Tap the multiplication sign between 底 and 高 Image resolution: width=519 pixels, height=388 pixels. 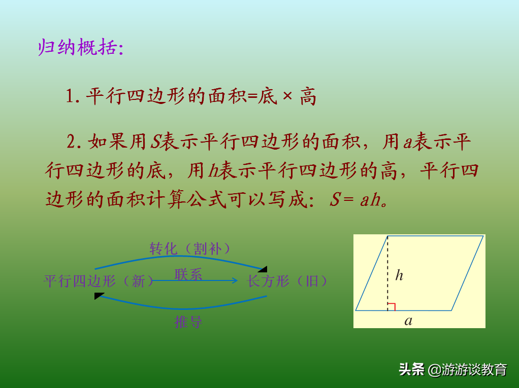click(x=287, y=96)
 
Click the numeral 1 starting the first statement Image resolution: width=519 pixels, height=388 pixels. click(x=70, y=96)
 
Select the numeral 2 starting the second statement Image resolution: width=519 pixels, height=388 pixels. click(x=72, y=142)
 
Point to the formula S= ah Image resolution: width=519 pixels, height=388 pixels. click(x=358, y=200)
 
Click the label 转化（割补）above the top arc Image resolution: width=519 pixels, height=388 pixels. click(x=189, y=249)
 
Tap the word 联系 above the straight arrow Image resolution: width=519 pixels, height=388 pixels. click(x=188, y=274)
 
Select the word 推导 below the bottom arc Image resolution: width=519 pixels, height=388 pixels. click(x=188, y=322)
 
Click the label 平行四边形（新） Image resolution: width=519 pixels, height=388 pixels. click(x=99, y=281)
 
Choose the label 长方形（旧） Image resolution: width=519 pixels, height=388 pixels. click(x=287, y=281)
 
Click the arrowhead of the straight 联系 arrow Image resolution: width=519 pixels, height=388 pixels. click(x=235, y=280)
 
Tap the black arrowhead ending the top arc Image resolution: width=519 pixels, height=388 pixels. click(x=263, y=269)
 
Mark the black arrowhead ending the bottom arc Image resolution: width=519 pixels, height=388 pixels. click(x=99, y=296)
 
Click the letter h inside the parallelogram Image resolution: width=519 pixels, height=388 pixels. click(x=399, y=275)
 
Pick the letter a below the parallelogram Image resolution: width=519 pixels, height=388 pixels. click(x=408, y=321)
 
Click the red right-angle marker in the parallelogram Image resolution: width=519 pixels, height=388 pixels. click(x=392, y=307)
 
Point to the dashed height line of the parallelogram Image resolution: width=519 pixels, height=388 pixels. click(x=387, y=273)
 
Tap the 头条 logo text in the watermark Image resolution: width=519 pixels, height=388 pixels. click(x=411, y=369)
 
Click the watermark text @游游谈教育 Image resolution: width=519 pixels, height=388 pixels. click(x=467, y=370)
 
